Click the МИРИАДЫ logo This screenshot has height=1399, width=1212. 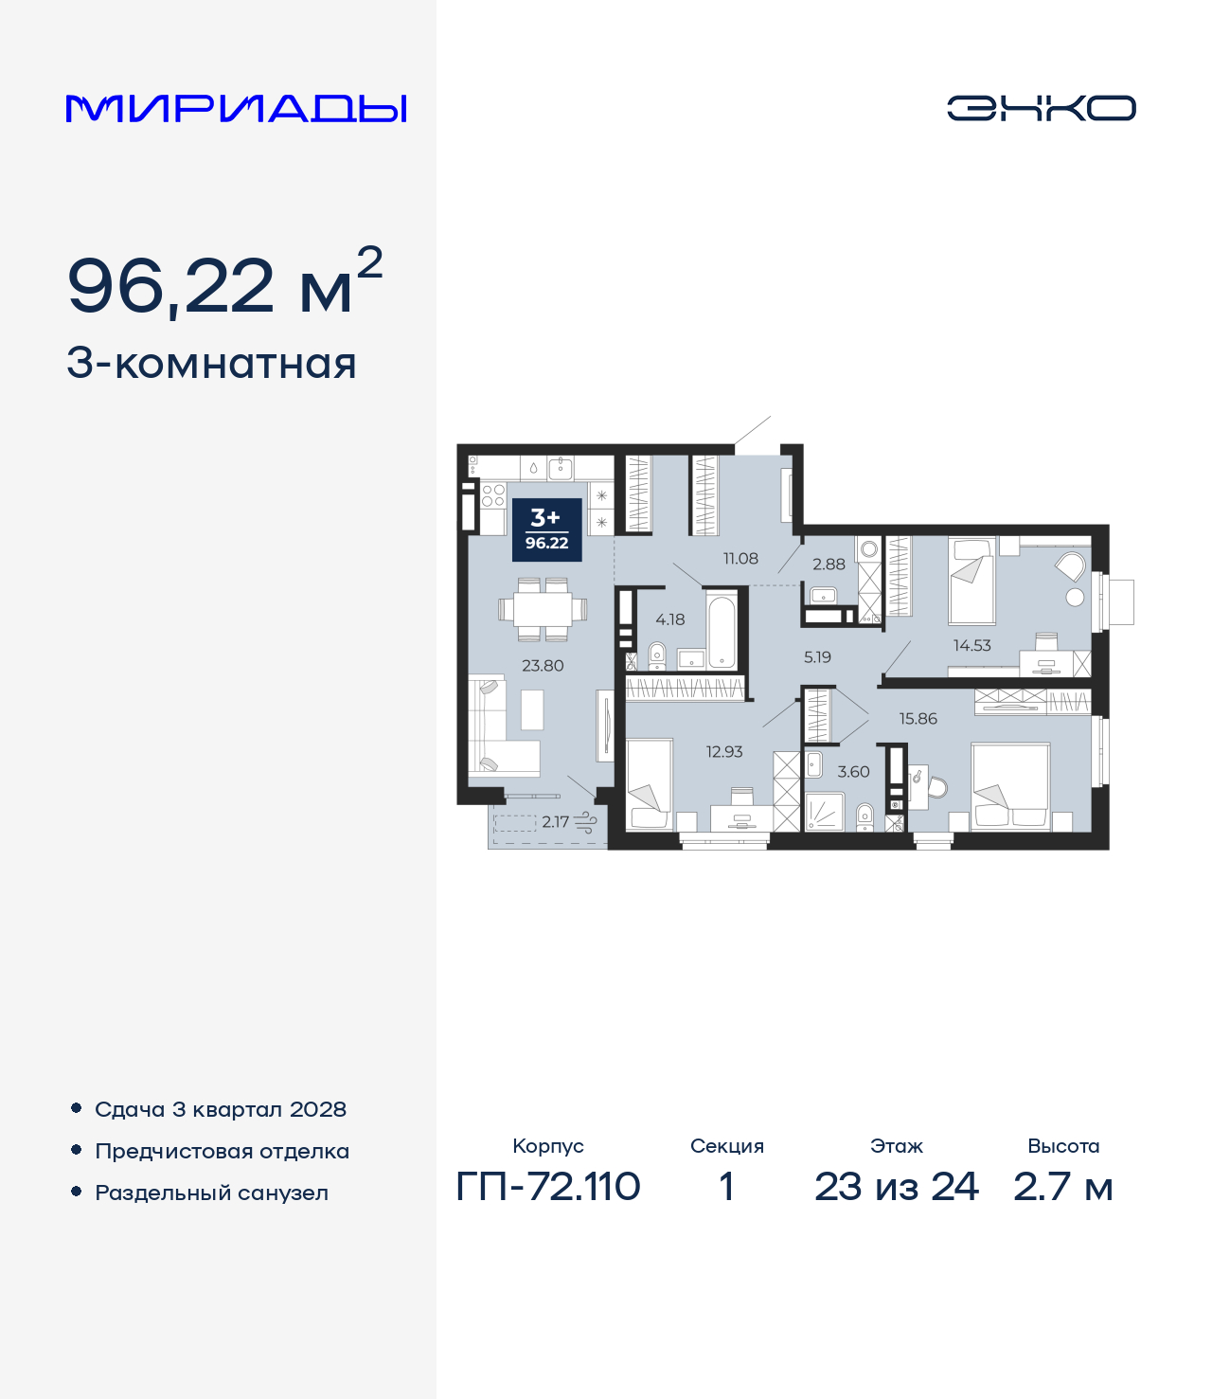coord(237,109)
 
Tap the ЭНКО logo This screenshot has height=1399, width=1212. coord(1041,108)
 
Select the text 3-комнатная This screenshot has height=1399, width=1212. coord(211,364)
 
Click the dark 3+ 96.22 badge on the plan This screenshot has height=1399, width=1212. coord(546,529)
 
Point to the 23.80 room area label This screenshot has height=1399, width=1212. coord(543,666)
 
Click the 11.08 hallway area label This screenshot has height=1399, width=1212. coord(740,559)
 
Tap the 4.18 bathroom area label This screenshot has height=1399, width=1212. coord(670,619)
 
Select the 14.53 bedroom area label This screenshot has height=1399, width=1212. coord(971,645)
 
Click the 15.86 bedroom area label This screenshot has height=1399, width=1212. coord(918,719)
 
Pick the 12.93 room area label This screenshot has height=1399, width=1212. coord(724,752)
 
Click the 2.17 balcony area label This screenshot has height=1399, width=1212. coord(555,822)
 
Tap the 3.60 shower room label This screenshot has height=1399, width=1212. coord(853,772)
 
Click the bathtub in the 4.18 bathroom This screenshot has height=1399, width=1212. coord(722,630)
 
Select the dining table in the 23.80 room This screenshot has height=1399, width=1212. coord(543,608)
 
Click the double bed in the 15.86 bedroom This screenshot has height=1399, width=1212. coord(1010,786)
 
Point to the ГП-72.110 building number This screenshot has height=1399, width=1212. coord(548,1187)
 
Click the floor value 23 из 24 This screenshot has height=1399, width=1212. coord(896,1187)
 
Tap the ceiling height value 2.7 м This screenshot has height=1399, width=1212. coord(1062,1187)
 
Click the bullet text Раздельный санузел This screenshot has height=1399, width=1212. coord(211,1193)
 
